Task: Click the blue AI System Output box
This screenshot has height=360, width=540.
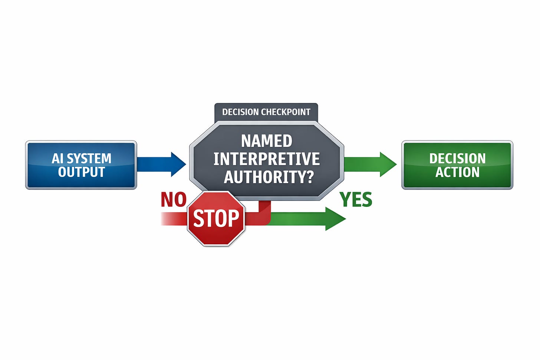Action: [81, 165]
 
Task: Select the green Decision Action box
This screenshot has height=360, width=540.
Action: [457, 165]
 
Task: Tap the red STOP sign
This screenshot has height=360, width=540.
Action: [216, 218]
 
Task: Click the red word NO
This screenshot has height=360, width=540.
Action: [173, 200]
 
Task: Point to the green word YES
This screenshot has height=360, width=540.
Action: [356, 200]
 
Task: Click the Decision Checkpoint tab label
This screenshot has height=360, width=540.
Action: [266, 112]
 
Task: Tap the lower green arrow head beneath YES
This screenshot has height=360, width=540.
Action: [335, 218]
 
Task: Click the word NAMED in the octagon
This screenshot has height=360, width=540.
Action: [267, 141]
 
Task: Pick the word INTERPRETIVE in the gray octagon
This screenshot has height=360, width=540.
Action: [266, 159]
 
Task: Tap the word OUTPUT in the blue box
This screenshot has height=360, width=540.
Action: [81, 172]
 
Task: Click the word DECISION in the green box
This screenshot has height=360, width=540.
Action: [457, 158]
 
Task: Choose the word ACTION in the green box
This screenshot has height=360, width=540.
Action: [457, 172]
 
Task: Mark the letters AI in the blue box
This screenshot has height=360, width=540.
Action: [57, 158]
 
